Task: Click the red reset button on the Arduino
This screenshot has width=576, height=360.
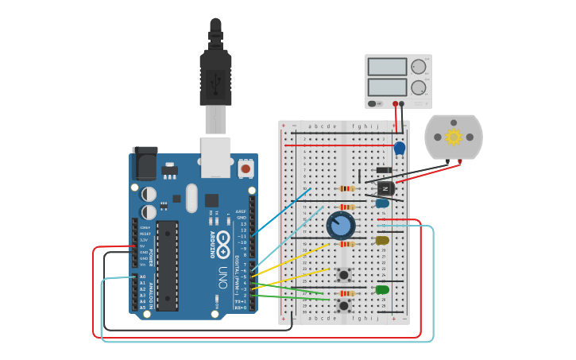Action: pos(245,168)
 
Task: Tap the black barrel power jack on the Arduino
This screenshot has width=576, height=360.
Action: pos(145,164)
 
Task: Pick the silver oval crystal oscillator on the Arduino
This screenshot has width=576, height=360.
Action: pos(191,198)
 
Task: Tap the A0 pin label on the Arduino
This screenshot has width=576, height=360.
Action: pos(143,277)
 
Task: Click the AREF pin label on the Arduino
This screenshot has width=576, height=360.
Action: pos(242,211)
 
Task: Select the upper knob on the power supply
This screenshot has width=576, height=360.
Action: pos(418,67)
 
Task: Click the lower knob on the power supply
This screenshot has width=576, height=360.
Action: pos(418,87)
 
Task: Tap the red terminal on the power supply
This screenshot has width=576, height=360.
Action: pos(395,103)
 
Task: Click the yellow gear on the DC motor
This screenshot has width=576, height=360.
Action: pos(454,137)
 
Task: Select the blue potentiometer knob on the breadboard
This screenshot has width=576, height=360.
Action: pos(341,226)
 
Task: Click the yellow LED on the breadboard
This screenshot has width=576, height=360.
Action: pos(382,240)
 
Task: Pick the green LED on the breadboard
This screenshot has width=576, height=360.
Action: pos(382,289)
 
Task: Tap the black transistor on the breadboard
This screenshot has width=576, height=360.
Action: pos(385,189)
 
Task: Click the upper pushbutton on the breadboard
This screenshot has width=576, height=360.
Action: pos(344,276)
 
